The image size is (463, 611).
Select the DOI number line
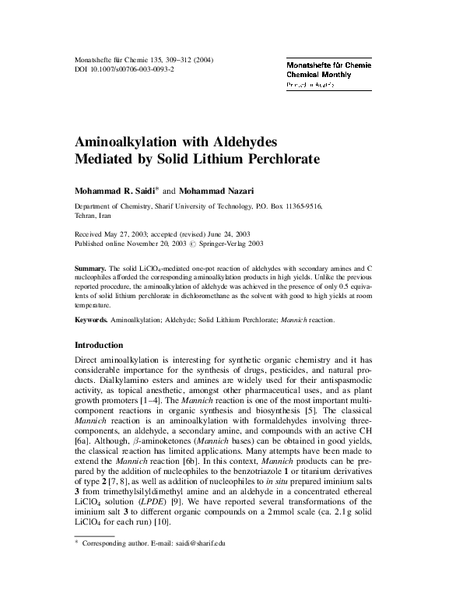pos(125,70)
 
